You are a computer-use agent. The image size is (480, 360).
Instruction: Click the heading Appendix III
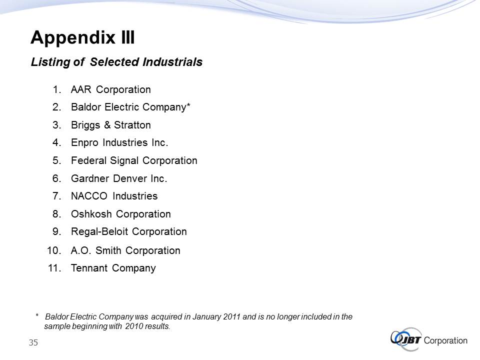(x=82, y=37)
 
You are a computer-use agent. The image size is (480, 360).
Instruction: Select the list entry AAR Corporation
(x=111, y=89)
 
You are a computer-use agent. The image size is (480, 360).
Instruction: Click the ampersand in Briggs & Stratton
(x=107, y=125)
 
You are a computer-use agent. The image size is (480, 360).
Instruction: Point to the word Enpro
(x=85, y=143)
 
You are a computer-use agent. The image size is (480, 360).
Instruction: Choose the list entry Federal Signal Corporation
(x=134, y=160)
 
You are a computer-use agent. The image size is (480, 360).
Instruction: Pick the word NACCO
(x=89, y=196)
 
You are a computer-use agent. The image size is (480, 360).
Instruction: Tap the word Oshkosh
(x=91, y=214)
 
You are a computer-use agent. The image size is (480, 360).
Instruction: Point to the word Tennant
(x=89, y=268)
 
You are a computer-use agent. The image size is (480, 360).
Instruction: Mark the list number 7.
(x=57, y=196)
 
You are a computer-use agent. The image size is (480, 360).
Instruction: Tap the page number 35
(x=33, y=342)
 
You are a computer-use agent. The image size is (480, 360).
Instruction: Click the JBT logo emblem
(x=406, y=339)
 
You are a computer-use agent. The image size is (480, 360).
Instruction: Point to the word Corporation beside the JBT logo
(x=445, y=340)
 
